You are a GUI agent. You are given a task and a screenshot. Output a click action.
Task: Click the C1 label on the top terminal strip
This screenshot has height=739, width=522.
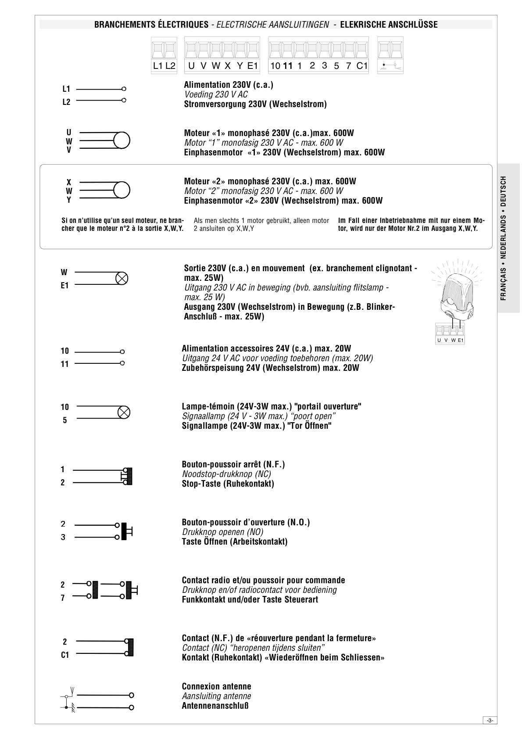[362, 66]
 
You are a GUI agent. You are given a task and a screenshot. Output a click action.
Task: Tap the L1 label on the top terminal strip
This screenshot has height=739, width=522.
[157, 66]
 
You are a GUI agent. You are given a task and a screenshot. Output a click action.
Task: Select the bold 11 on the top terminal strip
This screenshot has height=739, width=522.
[287, 66]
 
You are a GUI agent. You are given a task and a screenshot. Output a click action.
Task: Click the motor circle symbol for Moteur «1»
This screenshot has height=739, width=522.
[122, 140]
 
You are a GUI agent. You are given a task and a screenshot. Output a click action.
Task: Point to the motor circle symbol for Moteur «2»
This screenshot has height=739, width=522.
[122, 190]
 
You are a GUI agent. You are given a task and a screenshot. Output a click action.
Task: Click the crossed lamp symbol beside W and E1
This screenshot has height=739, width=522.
[122, 278]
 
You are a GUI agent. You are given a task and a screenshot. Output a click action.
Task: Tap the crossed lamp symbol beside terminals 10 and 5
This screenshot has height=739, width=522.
[125, 413]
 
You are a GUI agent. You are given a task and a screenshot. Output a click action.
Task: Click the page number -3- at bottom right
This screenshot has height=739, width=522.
[490, 720]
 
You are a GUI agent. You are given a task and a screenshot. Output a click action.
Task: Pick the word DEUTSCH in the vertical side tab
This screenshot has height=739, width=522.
[504, 191]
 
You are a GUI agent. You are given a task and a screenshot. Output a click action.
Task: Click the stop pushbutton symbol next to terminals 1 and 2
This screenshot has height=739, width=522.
[127, 476]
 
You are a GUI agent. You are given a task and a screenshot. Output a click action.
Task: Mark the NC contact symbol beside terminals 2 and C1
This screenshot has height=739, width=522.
[129, 647]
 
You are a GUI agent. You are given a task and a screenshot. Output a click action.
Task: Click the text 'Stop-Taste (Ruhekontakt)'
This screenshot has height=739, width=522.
[228, 484]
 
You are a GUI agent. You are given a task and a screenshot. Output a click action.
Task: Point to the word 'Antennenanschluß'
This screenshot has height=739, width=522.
[215, 706]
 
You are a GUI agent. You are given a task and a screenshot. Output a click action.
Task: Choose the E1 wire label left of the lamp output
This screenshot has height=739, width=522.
[65, 286]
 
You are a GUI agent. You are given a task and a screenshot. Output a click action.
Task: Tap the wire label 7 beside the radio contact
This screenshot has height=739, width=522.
[63, 598]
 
